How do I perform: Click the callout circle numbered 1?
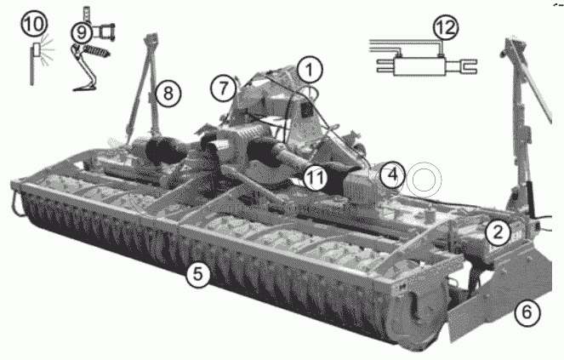pyautogui.click(x=310, y=70)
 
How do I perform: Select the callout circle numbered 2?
pyautogui.click(x=498, y=232)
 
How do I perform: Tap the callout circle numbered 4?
pyautogui.click(x=392, y=175)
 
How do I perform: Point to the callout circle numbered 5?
pyautogui.click(x=198, y=274)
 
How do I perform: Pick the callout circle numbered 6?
pyautogui.click(x=527, y=311)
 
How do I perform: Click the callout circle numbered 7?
pyautogui.click(x=224, y=88)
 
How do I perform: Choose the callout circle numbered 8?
pyautogui.click(x=168, y=94)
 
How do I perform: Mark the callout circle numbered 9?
pyautogui.click(x=82, y=32)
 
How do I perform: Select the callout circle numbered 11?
pyautogui.click(x=316, y=178)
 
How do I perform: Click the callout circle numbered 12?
pyautogui.click(x=446, y=27)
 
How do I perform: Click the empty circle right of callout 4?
pyautogui.click(x=426, y=180)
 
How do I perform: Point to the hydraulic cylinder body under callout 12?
pyautogui.click(x=420, y=66)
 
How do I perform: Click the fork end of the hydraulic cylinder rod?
pyautogui.click(x=467, y=66)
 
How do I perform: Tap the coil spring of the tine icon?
pyautogui.click(x=97, y=51)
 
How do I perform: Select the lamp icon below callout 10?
pyautogui.click(x=36, y=49)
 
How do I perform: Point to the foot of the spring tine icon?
pyautogui.click(x=84, y=87)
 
